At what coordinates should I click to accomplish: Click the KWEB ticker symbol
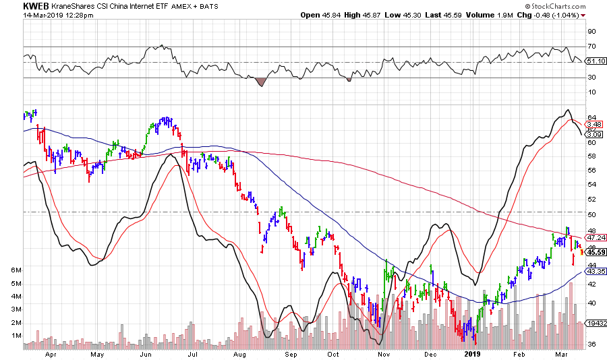point(36,5)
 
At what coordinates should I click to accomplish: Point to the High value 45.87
point(381,15)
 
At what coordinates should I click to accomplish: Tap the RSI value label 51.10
point(594,61)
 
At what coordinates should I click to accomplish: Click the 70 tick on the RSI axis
point(591,46)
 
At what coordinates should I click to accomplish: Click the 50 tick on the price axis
point(591,214)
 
